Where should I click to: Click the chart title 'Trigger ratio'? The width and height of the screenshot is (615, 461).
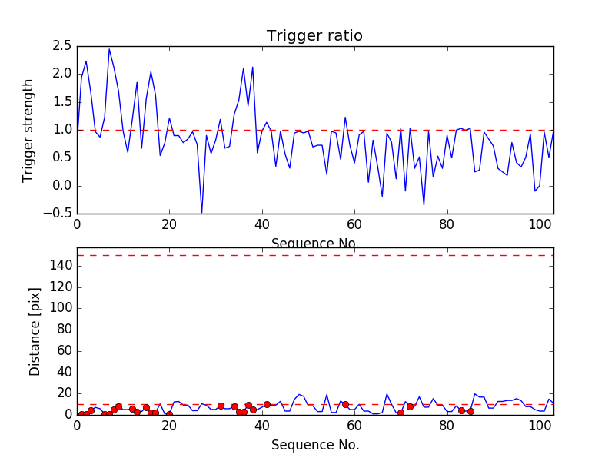coord(314,36)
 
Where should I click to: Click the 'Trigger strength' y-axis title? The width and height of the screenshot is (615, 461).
coord(28,131)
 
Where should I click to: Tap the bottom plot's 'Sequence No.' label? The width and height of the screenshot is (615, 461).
coord(315,445)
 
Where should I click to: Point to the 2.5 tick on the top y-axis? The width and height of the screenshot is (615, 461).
coord(62,46)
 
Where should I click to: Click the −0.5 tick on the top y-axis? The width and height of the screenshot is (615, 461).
coord(59,214)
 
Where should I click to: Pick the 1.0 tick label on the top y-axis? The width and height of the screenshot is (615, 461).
coord(62,130)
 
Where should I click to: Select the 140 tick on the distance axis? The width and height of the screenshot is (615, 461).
coord(61,266)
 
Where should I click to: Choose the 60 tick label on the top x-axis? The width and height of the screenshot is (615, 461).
coord(354,225)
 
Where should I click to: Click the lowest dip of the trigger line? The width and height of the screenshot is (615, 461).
coord(201,213)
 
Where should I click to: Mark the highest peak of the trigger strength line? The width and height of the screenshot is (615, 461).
coord(109,49)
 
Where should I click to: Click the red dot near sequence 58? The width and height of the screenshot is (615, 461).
coord(345,404)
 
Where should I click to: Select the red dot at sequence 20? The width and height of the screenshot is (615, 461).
coord(169,414)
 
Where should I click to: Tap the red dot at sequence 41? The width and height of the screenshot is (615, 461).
coord(267,404)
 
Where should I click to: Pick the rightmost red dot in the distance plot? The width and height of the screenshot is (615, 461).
coord(470,411)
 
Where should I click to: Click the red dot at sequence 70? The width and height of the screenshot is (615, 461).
coord(401,413)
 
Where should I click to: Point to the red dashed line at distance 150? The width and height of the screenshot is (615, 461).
coord(315,255)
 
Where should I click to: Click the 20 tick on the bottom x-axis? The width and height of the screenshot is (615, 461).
coord(169,426)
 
